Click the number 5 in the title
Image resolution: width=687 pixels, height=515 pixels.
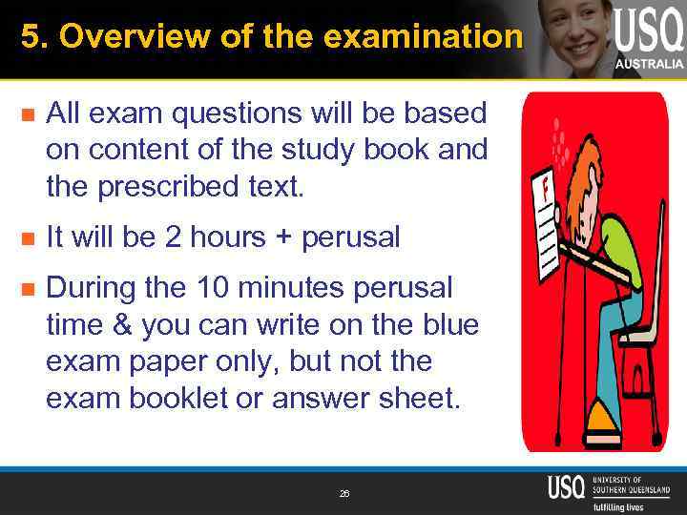(x=29, y=37)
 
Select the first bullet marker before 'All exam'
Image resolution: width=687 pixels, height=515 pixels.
(x=28, y=116)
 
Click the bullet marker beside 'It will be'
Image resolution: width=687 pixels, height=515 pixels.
(x=28, y=238)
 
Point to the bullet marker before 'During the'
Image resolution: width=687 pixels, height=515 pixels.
(x=28, y=288)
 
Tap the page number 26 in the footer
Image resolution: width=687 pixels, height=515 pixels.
(x=343, y=494)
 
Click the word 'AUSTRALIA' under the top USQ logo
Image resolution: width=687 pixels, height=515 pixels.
(x=649, y=64)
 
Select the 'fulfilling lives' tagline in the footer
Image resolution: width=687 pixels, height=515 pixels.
(x=617, y=506)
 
